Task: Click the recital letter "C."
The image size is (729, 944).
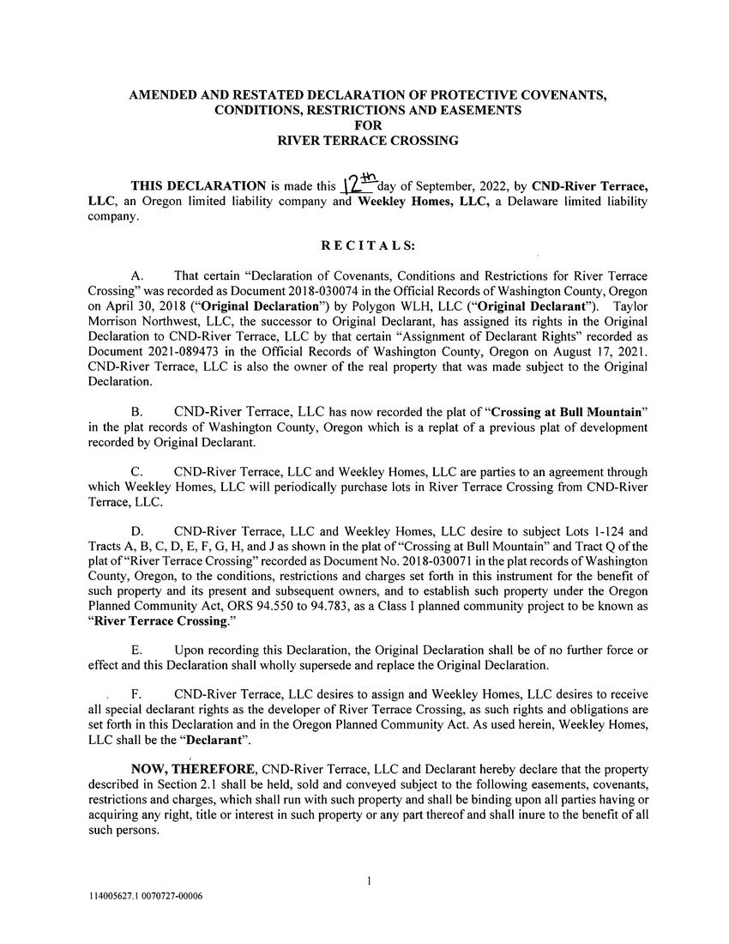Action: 136,472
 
